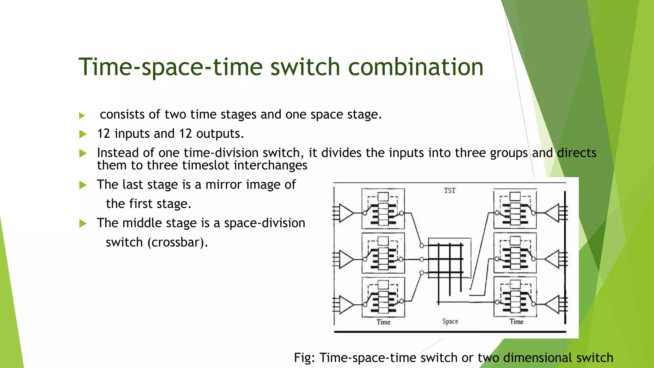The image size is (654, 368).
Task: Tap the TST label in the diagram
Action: [x=450, y=191]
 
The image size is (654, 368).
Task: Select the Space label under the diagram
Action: [x=450, y=321]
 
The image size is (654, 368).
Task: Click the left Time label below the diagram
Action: [x=384, y=322]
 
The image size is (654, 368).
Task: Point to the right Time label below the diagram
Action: [x=516, y=322]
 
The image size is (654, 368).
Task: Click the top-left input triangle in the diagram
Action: [x=346, y=213]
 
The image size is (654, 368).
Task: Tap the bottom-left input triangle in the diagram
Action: [x=346, y=304]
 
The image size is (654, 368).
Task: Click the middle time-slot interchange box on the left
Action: [x=383, y=253]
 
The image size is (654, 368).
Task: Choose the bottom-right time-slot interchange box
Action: [x=515, y=296]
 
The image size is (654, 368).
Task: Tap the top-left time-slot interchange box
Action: [x=383, y=209]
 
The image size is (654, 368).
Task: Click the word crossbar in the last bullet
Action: [x=177, y=242]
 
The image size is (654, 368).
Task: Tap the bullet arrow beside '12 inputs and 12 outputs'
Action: [x=83, y=134]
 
